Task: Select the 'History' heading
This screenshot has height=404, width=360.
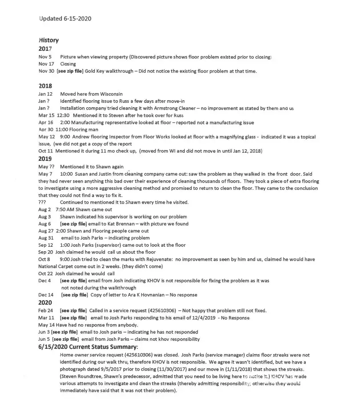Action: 49,40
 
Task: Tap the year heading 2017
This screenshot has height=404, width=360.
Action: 45,49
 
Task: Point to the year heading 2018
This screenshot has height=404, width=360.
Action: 45,86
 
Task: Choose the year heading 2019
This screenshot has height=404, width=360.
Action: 45,159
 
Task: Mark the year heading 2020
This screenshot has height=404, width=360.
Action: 45,303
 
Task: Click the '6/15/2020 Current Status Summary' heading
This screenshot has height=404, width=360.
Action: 89,347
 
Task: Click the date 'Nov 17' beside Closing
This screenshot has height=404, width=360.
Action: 45,64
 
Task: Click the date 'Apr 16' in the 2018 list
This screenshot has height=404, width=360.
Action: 46,122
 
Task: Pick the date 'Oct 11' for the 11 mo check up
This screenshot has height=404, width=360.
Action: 45,151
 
